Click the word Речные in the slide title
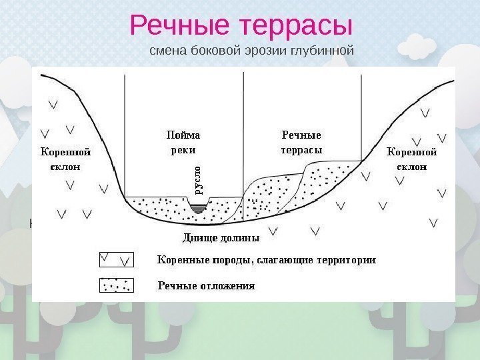click(175, 26)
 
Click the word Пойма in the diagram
click(183, 135)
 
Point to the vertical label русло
click(198, 179)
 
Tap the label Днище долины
click(220, 237)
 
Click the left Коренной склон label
click(65, 159)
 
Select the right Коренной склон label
click(412, 159)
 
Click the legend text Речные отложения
click(206, 286)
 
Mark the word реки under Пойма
click(183, 150)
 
